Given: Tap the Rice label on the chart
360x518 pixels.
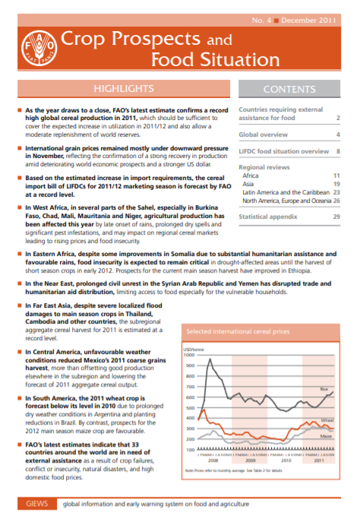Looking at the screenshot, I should click(325, 390).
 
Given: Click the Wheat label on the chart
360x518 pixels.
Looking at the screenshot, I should click(327, 420).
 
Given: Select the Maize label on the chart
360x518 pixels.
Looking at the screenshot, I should click(327, 437).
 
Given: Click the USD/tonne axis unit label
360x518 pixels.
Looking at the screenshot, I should click(195, 348).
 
